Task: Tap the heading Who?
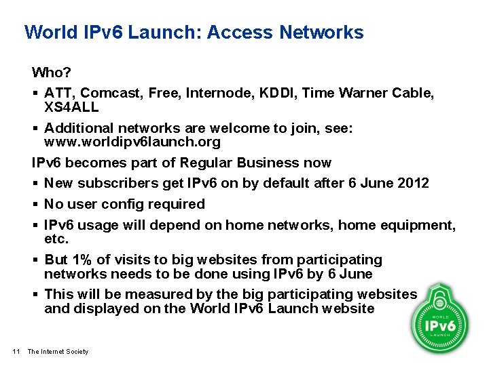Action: coord(51,72)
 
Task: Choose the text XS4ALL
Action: coord(71,106)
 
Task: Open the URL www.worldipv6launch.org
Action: coord(132,142)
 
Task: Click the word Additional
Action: coord(79,128)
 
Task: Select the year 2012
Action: coord(413,183)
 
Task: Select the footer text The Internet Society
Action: coord(58,351)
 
